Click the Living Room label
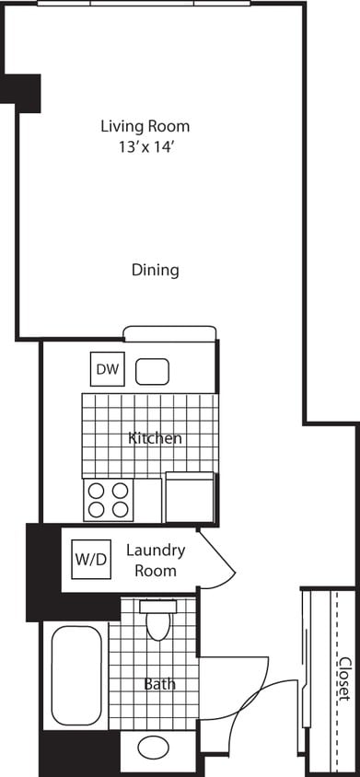pyautogui.click(x=145, y=126)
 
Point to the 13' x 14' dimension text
pyautogui.click(x=145, y=145)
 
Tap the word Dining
pyautogui.click(x=154, y=270)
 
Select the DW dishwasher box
pyautogui.click(x=107, y=370)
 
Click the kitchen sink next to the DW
pyautogui.click(x=153, y=371)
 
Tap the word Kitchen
pyautogui.click(x=154, y=438)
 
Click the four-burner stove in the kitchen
pyautogui.click(x=108, y=500)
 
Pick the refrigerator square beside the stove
pyautogui.click(x=190, y=497)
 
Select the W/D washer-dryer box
pyautogui.click(x=89, y=558)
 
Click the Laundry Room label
pyautogui.click(x=155, y=560)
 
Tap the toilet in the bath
pyautogui.click(x=158, y=620)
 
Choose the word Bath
pyautogui.click(x=158, y=684)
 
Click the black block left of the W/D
pyautogui.click(x=43, y=571)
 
